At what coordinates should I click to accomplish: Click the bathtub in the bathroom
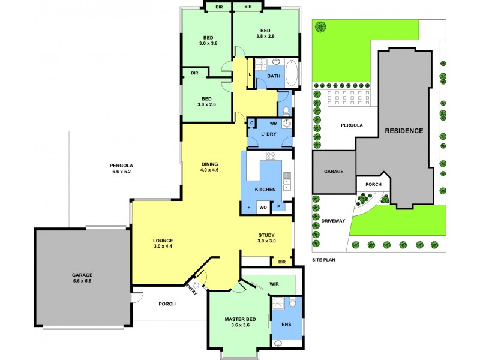[291, 74]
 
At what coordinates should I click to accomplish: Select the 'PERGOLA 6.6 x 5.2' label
[121, 169]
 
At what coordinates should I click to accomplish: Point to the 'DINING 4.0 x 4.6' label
[209, 167]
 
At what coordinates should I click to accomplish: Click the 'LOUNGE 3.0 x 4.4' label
[163, 243]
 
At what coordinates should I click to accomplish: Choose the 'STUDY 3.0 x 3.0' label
[266, 238]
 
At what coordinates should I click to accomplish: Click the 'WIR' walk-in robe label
[275, 284]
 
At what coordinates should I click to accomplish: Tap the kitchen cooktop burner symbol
[270, 157]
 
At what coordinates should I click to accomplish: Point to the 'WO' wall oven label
[262, 208]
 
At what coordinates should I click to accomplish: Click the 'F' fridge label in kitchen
[248, 208]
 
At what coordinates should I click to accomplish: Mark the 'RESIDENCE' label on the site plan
[404, 131]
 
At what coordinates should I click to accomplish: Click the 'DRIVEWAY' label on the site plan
[333, 221]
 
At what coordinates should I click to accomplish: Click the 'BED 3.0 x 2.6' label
[206, 101]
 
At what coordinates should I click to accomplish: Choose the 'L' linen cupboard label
[250, 74]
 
